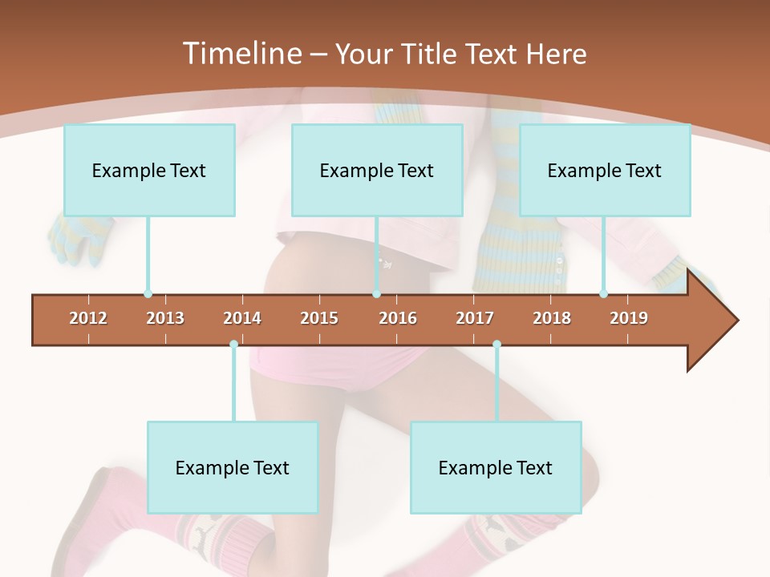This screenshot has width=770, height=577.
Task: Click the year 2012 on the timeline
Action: [88, 318]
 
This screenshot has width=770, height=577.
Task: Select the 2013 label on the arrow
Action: [165, 318]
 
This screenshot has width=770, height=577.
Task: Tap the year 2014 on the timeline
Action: [242, 318]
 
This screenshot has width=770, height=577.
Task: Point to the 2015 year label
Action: [319, 318]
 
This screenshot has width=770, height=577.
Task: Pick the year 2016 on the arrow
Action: [398, 318]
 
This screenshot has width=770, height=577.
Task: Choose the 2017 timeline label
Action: [475, 318]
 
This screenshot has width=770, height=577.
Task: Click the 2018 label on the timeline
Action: [552, 318]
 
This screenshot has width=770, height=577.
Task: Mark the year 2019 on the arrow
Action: [629, 318]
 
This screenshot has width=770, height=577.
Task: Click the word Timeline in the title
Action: [240, 54]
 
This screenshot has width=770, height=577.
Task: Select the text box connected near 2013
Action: [149, 170]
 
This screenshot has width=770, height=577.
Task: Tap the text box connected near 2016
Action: [377, 170]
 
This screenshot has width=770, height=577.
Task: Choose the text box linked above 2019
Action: [605, 170]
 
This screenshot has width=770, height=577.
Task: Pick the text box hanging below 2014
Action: [233, 467]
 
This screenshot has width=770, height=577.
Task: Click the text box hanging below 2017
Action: [496, 467]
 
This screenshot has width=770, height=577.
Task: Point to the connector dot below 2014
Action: [233, 345]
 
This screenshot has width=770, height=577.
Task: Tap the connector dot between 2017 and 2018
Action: [496, 345]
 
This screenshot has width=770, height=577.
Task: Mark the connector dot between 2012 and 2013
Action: [148, 294]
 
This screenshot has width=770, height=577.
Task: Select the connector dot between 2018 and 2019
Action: [603, 294]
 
